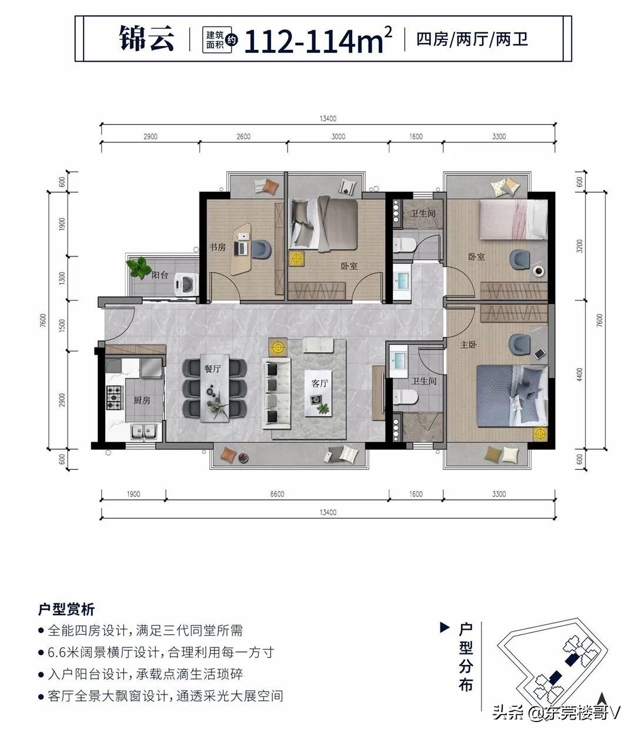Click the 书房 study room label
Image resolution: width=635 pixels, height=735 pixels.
click(218, 248)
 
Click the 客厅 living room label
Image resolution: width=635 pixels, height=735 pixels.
click(319, 383)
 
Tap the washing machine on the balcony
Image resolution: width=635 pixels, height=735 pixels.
click(182, 284)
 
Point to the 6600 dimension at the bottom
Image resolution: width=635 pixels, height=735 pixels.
click(277, 494)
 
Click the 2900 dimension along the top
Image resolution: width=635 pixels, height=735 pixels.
click(150, 136)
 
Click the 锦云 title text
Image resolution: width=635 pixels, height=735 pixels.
click(148, 39)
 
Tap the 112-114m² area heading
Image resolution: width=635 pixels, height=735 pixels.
click(318, 39)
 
